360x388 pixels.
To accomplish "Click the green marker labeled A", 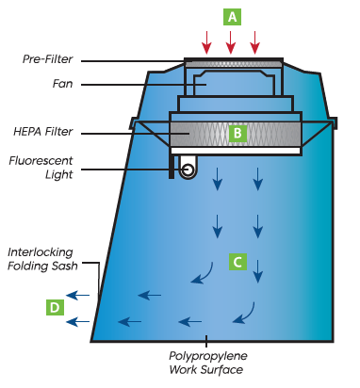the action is click(232, 17).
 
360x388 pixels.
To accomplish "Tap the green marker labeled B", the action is click(237, 133).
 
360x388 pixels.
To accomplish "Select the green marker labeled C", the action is click(237, 262).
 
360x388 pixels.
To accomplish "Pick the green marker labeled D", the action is click(55, 307).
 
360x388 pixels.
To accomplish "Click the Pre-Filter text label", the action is click(48, 59).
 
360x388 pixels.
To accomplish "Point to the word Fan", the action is click(63, 84).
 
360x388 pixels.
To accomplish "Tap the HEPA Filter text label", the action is click(43, 132).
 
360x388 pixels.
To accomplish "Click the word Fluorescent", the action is click(41, 161).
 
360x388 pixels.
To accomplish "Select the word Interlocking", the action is click(41, 252).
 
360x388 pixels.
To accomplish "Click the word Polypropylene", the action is click(208, 356).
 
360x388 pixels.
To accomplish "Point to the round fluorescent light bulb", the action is click(188, 170).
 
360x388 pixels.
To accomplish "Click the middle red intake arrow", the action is click(231, 42).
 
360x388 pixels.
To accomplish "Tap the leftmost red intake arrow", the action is click(206, 42).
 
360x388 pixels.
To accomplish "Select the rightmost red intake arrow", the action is click(254, 42).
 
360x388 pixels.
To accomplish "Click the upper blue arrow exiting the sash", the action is click(78, 295).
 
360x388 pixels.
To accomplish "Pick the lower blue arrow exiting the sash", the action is click(78, 321).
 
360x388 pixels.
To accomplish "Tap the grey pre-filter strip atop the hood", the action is click(234, 64).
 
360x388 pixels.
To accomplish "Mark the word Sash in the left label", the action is click(66, 266).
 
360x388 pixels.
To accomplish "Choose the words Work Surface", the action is click(206, 370).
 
